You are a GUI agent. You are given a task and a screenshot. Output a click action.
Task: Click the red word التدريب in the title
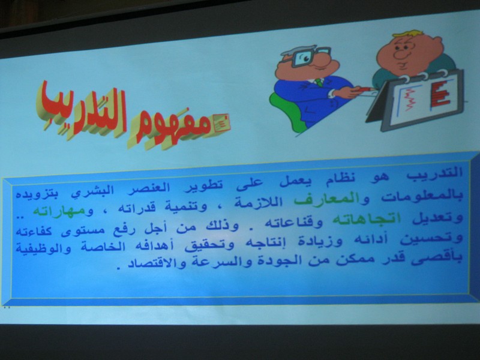[x=82, y=109]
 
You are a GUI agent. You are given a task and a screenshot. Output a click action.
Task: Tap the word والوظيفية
[x=43, y=248]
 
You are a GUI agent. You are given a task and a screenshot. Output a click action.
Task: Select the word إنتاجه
[x=259, y=244]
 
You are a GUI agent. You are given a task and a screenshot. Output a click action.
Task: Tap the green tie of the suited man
[x=319, y=82]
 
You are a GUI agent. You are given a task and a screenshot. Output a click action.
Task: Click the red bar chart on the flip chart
[x=440, y=94]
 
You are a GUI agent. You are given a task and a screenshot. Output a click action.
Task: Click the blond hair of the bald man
[x=408, y=33]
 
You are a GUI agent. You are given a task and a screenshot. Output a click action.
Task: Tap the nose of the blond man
[x=400, y=55]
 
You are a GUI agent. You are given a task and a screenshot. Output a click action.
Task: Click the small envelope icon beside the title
[x=221, y=123]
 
